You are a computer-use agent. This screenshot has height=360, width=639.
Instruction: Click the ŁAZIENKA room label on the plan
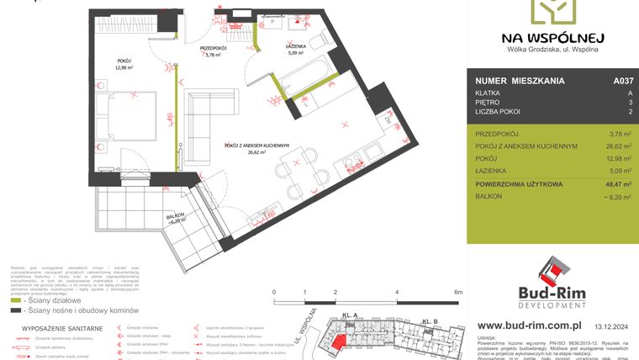298,46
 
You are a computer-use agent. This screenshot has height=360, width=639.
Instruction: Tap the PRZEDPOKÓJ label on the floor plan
214,49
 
